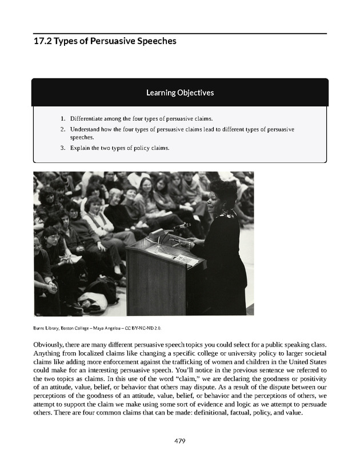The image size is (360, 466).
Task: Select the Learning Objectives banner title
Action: (x=180, y=92)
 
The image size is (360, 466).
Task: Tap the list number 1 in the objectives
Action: (x=62, y=119)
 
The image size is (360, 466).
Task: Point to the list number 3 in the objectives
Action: (x=62, y=148)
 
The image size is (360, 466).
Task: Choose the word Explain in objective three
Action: (x=81, y=148)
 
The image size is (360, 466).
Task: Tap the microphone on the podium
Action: (x=182, y=226)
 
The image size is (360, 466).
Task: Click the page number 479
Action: (x=180, y=441)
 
